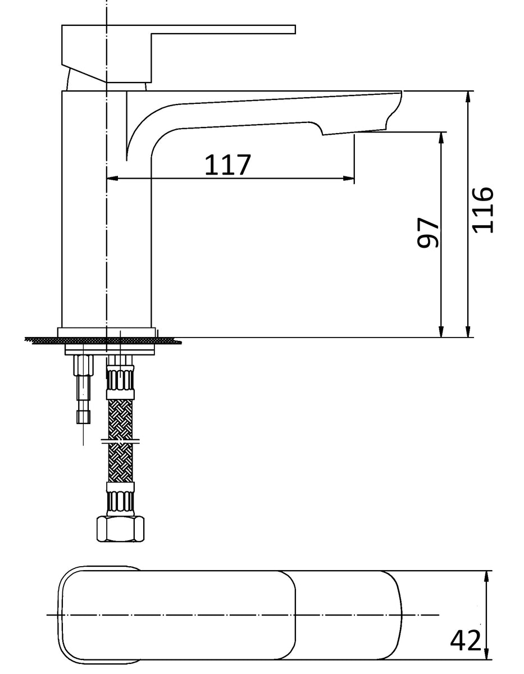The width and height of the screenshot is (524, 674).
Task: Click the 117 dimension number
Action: coord(227,165)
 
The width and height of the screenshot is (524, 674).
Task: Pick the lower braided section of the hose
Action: coord(121,462)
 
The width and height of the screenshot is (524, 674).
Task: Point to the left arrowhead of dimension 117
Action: coord(111,179)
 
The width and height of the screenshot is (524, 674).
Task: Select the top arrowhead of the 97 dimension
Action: coord(441,138)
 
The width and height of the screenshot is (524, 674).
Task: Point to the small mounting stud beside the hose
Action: coord(83,388)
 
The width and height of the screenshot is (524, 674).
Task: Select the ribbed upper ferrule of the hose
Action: coord(121,380)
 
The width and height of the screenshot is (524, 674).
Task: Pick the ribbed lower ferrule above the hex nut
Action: coord(121,498)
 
